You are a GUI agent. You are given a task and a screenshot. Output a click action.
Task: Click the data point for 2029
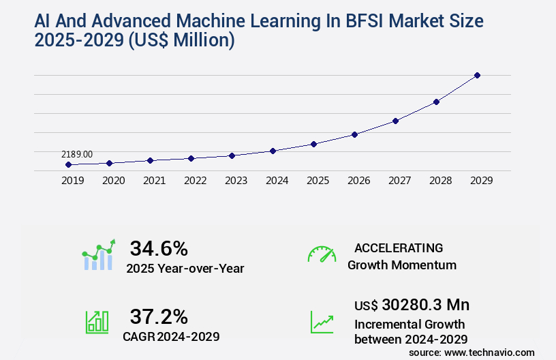(x=477, y=75)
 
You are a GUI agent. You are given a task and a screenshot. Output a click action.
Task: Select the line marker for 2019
(x=68, y=165)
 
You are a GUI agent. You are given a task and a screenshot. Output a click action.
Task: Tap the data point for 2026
(x=354, y=134)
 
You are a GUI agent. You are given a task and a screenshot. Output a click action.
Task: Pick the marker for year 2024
(x=273, y=151)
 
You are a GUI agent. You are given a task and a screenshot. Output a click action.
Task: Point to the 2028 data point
(x=436, y=102)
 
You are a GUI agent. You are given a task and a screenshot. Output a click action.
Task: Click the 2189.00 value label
(x=77, y=155)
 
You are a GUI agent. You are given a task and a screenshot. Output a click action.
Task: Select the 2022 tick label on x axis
(x=195, y=181)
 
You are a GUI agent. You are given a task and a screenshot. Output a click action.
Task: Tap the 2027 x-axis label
(x=399, y=181)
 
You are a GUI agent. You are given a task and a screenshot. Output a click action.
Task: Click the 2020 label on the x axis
(x=113, y=181)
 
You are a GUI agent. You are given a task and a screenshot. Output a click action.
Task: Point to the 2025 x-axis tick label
(x=318, y=181)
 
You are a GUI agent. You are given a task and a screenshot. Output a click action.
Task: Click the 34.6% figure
(x=159, y=248)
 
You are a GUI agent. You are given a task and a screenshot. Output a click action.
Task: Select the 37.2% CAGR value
(x=159, y=316)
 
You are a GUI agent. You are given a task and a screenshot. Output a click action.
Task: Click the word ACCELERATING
(x=399, y=247)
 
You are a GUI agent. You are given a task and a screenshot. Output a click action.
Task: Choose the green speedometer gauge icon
(x=322, y=254)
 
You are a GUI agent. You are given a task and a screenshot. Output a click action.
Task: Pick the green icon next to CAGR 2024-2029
(x=96, y=321)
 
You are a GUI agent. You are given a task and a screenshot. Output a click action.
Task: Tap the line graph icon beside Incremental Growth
(x=322, y=321)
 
